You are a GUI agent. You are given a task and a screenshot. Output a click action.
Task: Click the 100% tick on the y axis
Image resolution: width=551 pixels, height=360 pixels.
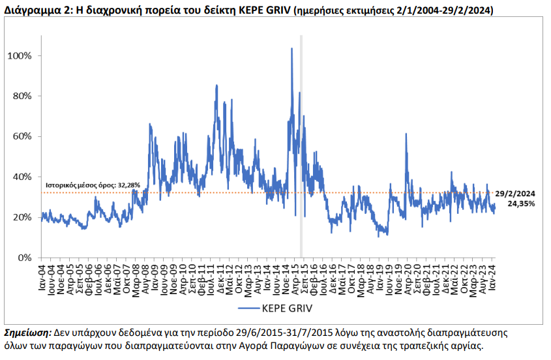20,56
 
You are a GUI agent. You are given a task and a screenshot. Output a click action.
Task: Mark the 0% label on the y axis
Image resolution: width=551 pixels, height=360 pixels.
24,258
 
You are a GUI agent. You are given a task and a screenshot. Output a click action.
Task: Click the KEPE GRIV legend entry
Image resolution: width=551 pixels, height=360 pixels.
275,308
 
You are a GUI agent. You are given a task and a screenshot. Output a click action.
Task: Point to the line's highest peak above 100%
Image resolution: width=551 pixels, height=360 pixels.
291,48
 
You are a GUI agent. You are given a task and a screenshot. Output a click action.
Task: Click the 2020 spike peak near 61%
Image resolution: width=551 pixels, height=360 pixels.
406,134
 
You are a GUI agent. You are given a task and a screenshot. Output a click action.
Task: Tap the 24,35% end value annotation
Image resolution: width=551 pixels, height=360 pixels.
521,203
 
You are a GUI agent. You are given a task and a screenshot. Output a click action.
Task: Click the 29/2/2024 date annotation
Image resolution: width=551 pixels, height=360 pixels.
515,194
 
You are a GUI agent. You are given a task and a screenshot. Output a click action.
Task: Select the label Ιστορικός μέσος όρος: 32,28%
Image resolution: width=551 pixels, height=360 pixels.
93,185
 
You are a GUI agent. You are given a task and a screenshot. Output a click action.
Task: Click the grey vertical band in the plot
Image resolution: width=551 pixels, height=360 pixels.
301,146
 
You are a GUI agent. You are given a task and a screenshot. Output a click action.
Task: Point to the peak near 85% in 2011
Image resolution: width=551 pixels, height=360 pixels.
216,85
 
